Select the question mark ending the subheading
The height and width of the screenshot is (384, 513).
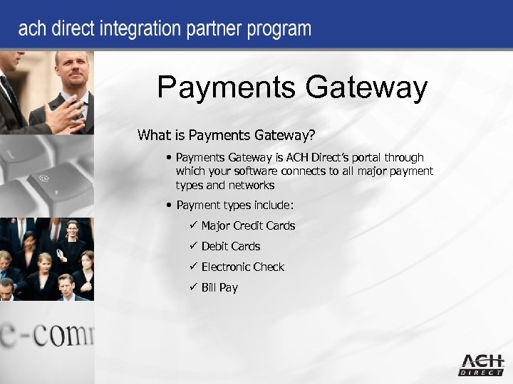pos(331,134)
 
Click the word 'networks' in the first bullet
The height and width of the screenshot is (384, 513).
pos(252,185)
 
